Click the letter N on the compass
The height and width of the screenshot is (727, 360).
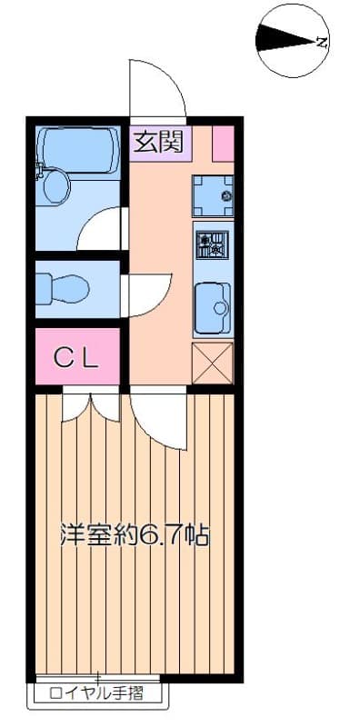click(321, 41)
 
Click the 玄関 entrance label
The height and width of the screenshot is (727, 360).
click(159, 142)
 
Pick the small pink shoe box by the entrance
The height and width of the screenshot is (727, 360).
click(223, 144)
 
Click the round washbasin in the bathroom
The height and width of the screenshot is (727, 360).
click(56, 187)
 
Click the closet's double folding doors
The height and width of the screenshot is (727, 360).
click(90, 405)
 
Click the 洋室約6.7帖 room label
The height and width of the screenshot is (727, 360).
click(134, 535)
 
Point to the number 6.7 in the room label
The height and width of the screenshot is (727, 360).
click(162, 535)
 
